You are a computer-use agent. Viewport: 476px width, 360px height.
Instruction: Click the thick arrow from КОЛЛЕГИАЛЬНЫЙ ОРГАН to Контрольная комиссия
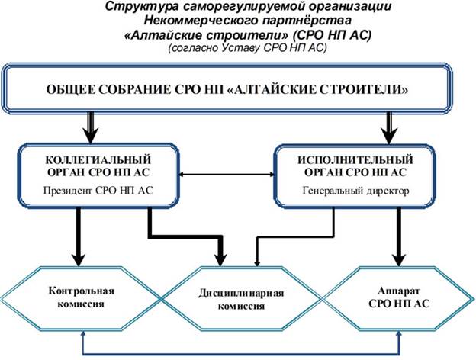point(78,236)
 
